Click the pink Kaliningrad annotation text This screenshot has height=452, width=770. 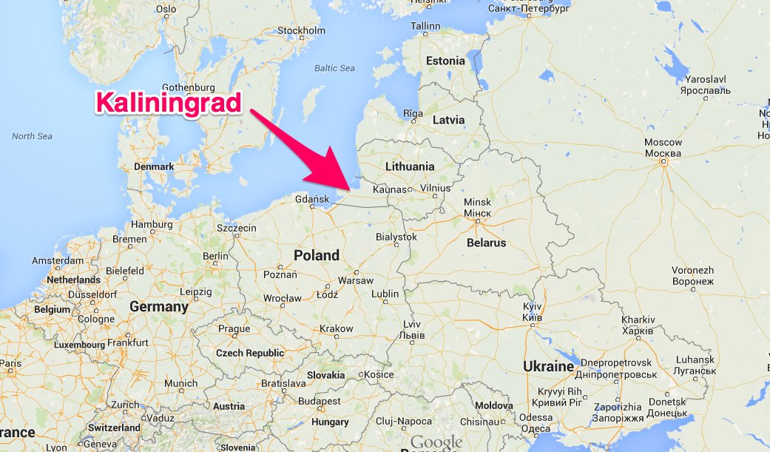pos(169,103)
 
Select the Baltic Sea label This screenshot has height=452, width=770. pos(334,68)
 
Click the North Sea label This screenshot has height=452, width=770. pos(32,136)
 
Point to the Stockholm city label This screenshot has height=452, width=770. pos(301,30)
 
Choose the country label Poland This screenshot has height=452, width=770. pos(317,255)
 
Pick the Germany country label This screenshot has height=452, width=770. pos(159,306)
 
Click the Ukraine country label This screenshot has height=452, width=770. pos(548,366)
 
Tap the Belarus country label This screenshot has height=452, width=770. pos(486,243)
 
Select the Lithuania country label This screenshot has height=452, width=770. pos(410,166)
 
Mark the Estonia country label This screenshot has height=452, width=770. pos(445,61)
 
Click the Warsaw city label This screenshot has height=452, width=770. pos(355,280)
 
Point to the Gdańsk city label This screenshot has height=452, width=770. pos(311,199)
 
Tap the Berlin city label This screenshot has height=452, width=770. pos(215,256)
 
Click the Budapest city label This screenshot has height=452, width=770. pos(320,401)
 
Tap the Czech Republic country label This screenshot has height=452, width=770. pos(249,353)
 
